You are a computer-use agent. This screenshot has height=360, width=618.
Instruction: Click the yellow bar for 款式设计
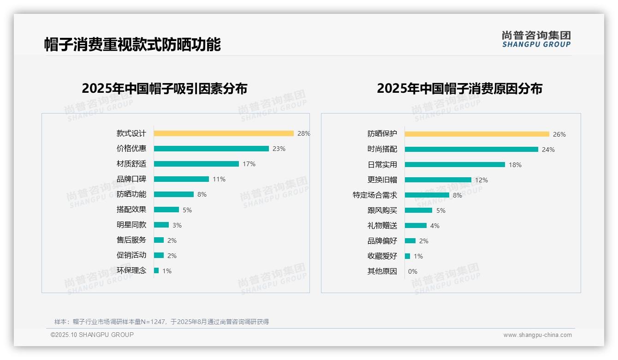pyautogui.click(x=224, y=133)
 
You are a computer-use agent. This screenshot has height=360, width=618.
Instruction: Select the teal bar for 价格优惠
pyautogui.click(x=211, y=149)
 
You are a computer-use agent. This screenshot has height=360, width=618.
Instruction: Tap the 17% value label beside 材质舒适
pyautogui.click(x=249, y=164)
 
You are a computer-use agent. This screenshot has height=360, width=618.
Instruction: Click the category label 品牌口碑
pyautogui.click(x=131, y=179)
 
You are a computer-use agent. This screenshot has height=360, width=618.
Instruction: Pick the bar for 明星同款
pyautogui.click(x=161, y=225)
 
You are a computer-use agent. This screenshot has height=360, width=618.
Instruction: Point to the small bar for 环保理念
pyautogui.click(x=156, y=270)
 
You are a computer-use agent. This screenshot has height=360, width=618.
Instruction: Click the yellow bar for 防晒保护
pyautogui.click(x=477, y=134)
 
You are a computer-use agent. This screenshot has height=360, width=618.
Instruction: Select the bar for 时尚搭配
pyautogui.click(x=471, y=150)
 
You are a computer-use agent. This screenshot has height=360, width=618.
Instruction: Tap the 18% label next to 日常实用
pyautogui.click(x=515, y=165)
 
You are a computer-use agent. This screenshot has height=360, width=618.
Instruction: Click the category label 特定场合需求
pyautogui.click(x=374, y=195)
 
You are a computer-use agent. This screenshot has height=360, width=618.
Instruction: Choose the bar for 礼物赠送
pyautogui.click(x=416, y=226)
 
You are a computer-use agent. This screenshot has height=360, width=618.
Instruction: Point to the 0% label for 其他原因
pyautogui.click(x=413, y=271)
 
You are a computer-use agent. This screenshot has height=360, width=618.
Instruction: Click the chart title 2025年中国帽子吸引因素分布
pyautogui.click(x=165, y=89)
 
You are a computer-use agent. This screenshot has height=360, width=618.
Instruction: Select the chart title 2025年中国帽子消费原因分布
pyautogui.click(x=459, y=89)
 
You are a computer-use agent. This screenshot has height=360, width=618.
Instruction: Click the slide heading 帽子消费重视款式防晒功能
pyautogui.click(x=132, y=45)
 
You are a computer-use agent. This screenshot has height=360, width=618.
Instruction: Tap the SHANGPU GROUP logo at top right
pyautogui.click(x=536, y=39)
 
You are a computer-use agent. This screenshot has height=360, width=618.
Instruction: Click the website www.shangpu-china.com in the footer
pyautogui.click(x=537, y=335)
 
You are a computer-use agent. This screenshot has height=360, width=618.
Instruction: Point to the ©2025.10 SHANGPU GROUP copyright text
pyautogui.click(x=92, y=335)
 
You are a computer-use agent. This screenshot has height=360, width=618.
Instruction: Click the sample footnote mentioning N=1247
pyautogui.click(x=161, y=322)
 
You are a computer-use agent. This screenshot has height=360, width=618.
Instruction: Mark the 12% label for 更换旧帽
pyautogui.click(x=481, y=180)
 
